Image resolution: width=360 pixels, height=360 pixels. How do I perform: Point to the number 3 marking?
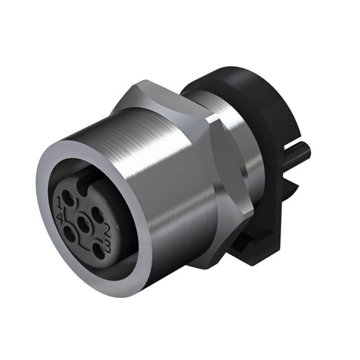[x=108, y=245]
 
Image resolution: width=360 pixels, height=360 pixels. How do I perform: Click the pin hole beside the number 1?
[x=68, y=198]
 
